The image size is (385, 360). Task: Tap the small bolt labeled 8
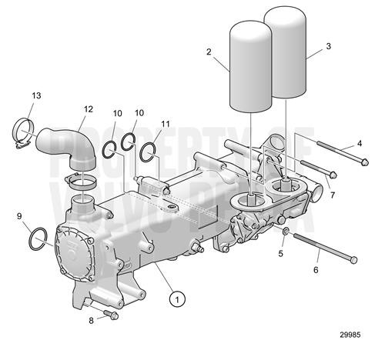point(112,315)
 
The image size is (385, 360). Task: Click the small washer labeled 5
point(286,232)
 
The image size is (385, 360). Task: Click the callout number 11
point(166,124)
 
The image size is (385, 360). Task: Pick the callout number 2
point(209,52)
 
